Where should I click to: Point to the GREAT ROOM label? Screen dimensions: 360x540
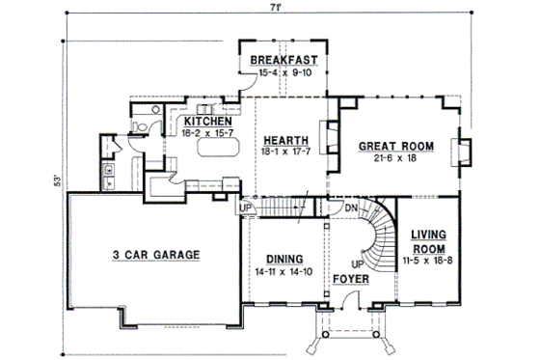pyautogui.click(x=396, y=148)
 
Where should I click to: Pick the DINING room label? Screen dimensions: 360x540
pyautogui.click(x=281, y=260)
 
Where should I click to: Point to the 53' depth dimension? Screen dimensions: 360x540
pyautogui.click(x=58, y=181)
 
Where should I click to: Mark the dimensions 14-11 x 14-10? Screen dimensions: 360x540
pyautogui.click(x=281, y=273)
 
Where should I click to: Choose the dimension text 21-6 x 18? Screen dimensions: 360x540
pyautogui.click(x=395, y=160)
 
